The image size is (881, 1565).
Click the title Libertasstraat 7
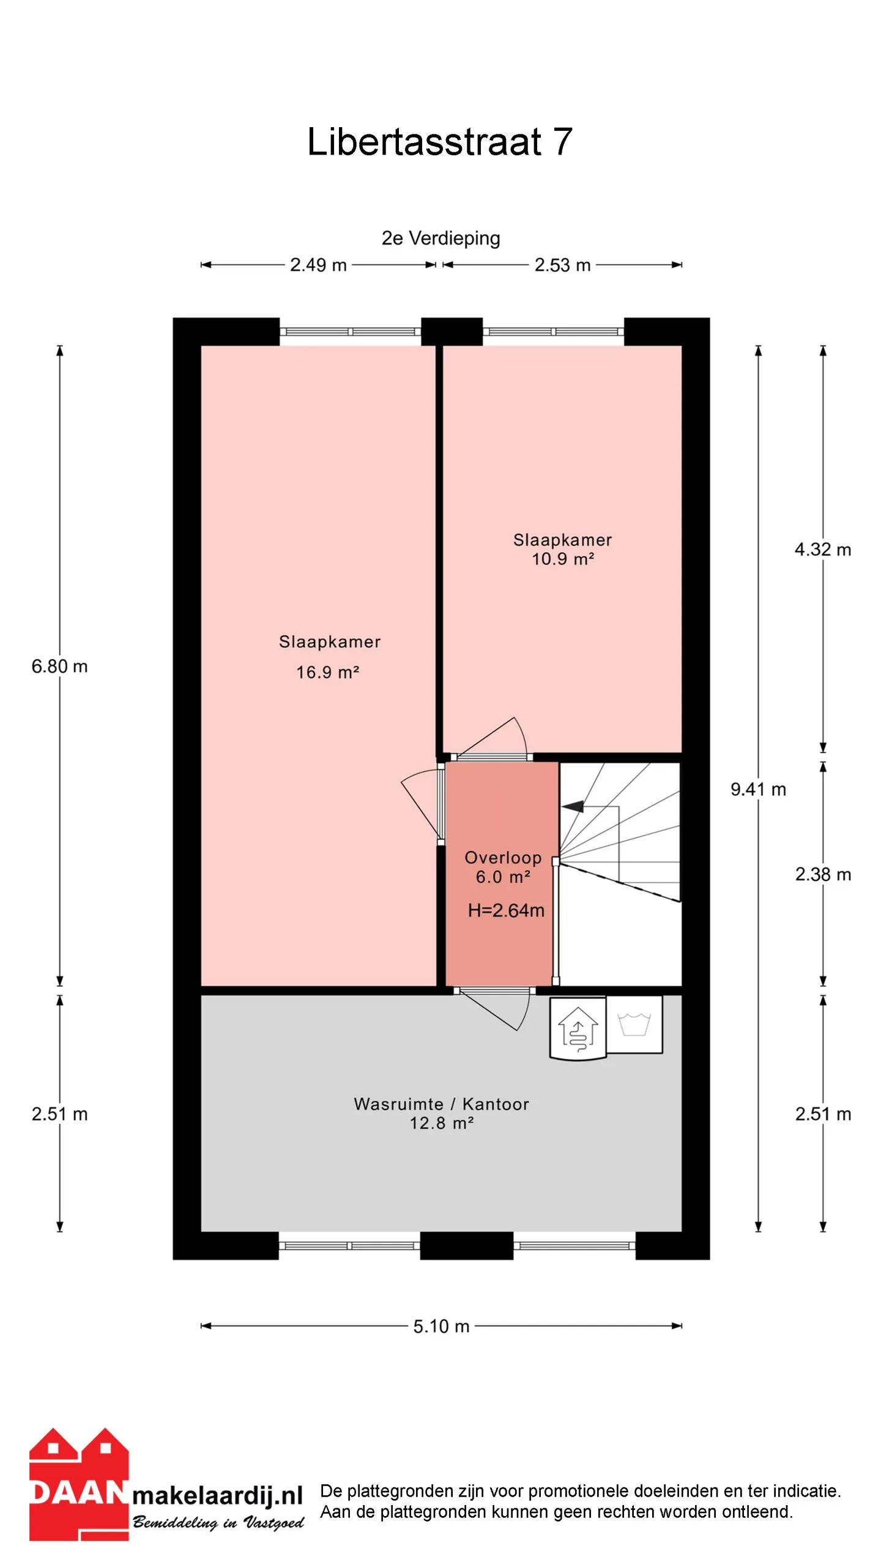coord(439,142)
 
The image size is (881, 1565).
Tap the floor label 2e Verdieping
coord(441,238)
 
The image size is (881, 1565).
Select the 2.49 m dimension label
coord(318,265)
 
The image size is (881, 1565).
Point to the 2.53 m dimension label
coord(562,265)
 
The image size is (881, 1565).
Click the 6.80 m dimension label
coord(59,666)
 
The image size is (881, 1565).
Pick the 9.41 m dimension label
coord(758,789)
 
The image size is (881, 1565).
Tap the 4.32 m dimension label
coord(823,549)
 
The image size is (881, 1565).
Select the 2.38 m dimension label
coord(823,874)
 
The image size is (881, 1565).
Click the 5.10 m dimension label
coord(441,1326)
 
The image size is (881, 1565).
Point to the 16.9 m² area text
coord(327,672)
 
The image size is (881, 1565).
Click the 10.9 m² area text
coord(563,558)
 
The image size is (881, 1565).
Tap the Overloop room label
coord(503,858)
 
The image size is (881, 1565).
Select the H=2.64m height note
coord(506,910)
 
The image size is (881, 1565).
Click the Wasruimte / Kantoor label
coord(441,1104)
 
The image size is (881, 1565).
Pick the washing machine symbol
coord(634,1024)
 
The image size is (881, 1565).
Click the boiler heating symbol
coord(578,1028)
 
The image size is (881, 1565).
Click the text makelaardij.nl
coord(218,1495)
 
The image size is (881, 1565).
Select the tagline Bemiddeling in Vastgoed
coord(218,1522)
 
